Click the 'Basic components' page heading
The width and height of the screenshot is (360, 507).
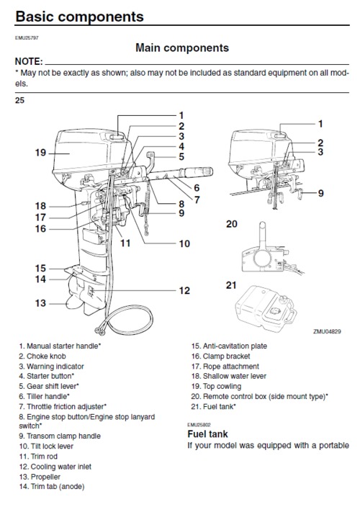[x=79, y=17]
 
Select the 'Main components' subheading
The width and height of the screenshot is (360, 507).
[x=182, y=48]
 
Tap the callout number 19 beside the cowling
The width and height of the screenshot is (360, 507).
[x=41, y=153]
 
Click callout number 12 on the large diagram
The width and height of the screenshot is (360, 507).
[x=184, y=290]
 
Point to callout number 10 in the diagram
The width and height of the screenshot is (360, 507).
[x=184, y=243]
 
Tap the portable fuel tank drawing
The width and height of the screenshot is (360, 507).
[x=266, y=308]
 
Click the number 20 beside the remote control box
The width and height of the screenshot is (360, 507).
[x=232, y=224]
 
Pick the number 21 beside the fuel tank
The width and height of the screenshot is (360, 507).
[x=231, y=285]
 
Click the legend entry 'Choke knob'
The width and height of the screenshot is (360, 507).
[x=42, y=356]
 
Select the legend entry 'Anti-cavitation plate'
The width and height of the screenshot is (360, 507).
[x=229, y=346]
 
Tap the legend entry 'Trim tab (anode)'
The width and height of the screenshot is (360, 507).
[x=52, y=487]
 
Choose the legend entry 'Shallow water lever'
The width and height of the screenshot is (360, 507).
[x=229, y=376]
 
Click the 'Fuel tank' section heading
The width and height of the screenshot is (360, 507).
[x=207, y=434]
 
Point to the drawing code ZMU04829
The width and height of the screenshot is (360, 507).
[x=327, y=331]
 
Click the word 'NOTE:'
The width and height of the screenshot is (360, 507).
[x=29, y=61]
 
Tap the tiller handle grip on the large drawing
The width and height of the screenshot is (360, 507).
[x=197, y=171]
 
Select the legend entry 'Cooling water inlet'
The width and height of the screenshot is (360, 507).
[x=55, y=467]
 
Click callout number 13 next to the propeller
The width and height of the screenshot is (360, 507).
[x=41, y=303]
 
